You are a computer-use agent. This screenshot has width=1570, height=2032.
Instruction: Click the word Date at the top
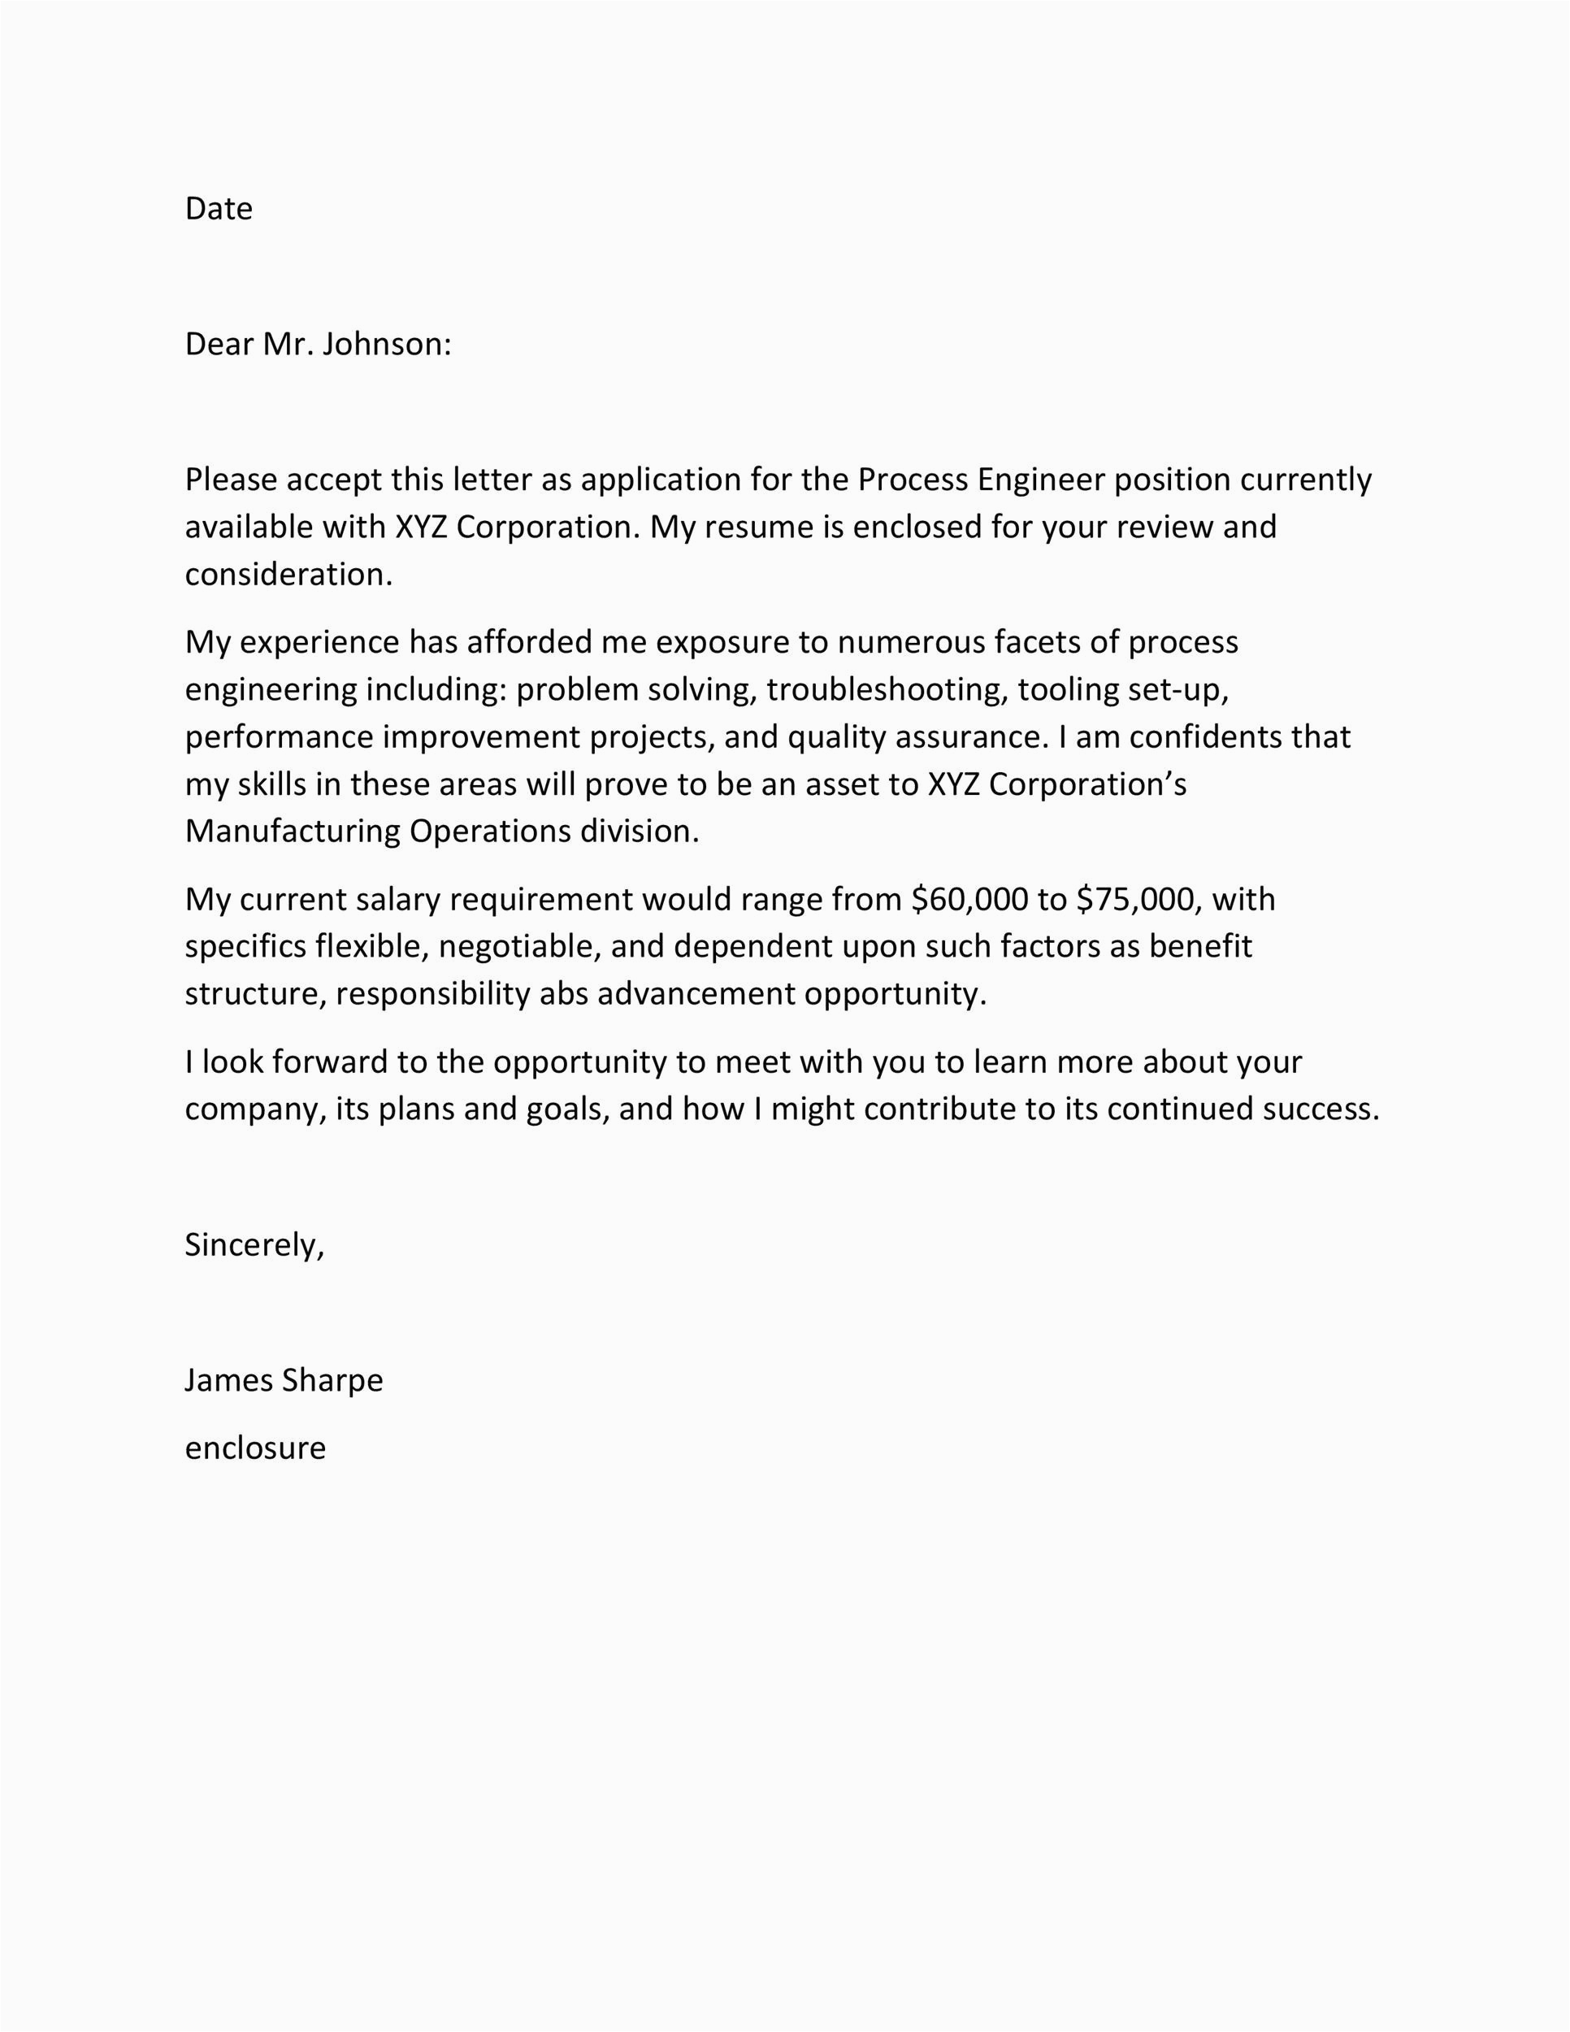(x=219, y=208)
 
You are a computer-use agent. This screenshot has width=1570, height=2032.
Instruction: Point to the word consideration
(x=288, y=575)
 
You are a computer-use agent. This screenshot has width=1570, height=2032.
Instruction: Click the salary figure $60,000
(x=970, y=900)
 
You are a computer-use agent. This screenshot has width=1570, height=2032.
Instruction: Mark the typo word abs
(x=564, y=995)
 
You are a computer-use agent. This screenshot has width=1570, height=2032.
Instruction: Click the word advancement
(x=696, y=995)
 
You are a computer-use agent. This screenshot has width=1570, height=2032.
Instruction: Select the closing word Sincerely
(x=254, y=1245)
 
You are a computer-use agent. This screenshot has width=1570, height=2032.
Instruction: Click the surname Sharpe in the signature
(x=332, y=1380)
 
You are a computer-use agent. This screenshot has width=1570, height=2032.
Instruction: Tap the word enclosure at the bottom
(x=255, y=1448)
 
